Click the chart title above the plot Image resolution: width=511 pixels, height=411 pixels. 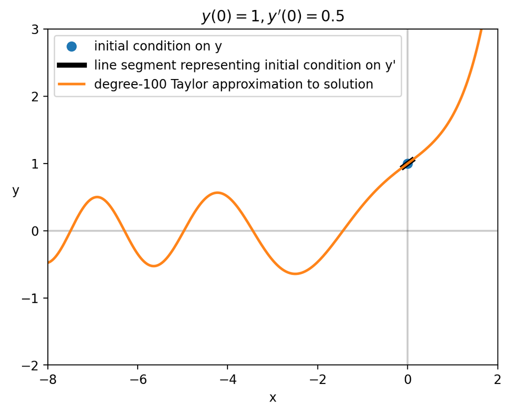pos(272,16)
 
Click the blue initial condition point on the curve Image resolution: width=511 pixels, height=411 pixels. pos(407,163)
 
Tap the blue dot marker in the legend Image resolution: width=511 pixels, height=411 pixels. pos(72,46)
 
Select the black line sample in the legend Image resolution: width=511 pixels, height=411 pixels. pos(72,65)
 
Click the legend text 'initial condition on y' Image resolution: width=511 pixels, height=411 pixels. pos(158,46)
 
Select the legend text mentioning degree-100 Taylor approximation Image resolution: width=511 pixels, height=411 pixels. pos(234,84)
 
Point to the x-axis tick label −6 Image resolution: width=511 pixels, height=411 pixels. pos(138,378)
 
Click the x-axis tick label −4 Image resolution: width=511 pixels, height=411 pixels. pos(228,378)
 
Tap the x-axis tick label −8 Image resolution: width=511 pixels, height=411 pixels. pos(48,378)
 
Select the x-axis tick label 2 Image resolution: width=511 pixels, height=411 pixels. pos(498,378)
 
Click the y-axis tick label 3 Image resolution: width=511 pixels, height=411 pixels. pos(35,29)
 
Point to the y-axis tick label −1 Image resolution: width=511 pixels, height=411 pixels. pos(31,298)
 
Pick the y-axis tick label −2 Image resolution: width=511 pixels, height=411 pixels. pos(31,365)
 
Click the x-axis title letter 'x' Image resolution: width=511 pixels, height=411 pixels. pos(272,397)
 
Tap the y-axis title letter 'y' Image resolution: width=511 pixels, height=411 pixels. pos(16,191)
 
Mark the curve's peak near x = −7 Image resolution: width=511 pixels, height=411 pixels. pos(97,197)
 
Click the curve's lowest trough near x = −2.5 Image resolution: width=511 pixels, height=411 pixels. pos(295,273)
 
